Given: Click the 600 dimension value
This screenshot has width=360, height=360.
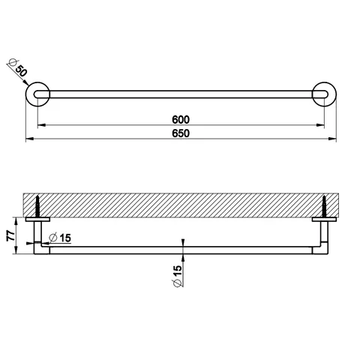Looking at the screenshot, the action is tap(181, 119).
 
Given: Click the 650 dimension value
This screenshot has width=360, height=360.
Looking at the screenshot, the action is tap(181, 133).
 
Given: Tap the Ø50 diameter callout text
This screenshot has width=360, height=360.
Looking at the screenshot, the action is tap(17, 67).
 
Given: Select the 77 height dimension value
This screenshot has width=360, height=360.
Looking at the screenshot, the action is tap(10, 235).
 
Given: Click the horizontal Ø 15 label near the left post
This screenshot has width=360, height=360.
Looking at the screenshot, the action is tap(60, 238).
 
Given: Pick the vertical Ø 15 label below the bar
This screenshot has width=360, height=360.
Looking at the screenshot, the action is tap(177, 276).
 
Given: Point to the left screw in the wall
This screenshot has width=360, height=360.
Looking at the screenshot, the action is tap(37, 206).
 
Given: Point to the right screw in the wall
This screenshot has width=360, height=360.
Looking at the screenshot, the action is tap(324, 206).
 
